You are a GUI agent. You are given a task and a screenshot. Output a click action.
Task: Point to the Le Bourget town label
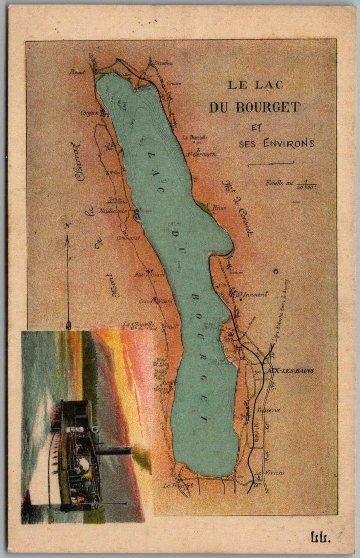[x=178, y=485]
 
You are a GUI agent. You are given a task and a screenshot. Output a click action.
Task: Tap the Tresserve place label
[x=268, y=410]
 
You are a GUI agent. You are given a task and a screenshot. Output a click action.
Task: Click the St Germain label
[x=201, y=154]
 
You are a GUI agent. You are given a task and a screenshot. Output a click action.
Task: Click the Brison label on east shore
[x=218, y=207]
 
